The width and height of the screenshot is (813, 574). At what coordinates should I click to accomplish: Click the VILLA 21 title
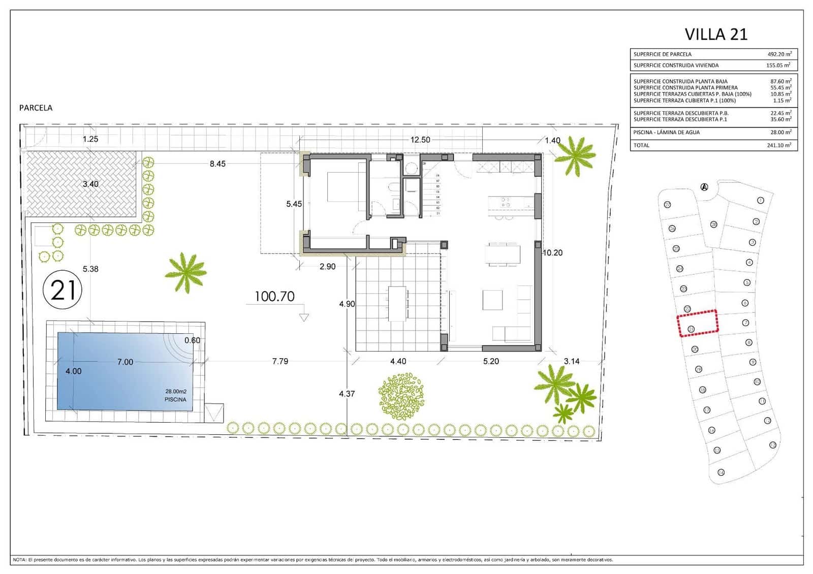[716, 34]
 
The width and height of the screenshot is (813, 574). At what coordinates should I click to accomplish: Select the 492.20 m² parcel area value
[779, 54]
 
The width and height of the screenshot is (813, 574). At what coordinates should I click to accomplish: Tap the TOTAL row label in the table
[641, 145]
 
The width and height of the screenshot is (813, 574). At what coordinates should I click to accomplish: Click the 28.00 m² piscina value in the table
[780, 132]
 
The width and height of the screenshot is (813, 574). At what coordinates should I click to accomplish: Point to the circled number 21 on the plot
[63, 291]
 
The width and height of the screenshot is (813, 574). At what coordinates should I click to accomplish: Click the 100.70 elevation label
[274, 297]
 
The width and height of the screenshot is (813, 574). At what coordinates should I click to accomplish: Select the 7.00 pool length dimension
[125, 362]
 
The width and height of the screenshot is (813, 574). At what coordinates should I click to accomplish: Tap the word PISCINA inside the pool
[175, 400]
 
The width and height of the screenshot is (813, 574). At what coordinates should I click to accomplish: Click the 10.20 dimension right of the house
[552, 252]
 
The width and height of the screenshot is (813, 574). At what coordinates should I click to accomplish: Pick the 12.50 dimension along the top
[420, 140]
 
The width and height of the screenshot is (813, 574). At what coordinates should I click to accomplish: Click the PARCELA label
[36, 108]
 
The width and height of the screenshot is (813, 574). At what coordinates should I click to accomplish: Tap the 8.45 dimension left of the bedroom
[217, 164]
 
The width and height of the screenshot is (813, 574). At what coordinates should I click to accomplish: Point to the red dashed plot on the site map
[698, 323]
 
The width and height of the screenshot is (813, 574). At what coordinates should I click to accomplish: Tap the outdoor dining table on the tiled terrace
[397, 303]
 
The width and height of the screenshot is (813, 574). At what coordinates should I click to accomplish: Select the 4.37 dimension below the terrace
[347, 394]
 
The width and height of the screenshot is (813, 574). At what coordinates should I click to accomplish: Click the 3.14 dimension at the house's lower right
[572, 361]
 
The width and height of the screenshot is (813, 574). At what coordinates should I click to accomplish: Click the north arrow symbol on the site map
[704, 187]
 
